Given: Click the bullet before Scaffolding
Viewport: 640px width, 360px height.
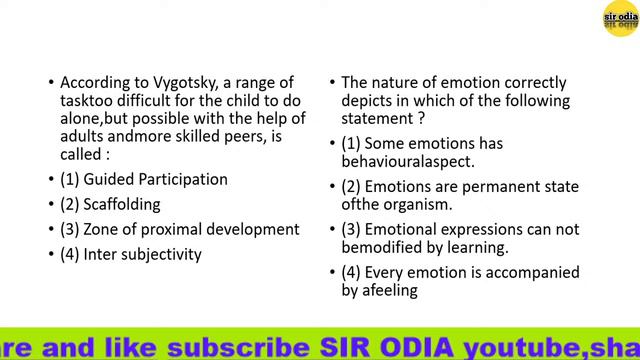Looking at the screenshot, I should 51,204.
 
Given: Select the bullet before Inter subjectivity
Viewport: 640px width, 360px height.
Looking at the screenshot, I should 51,254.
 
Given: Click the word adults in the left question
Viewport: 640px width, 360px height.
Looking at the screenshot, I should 83,137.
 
